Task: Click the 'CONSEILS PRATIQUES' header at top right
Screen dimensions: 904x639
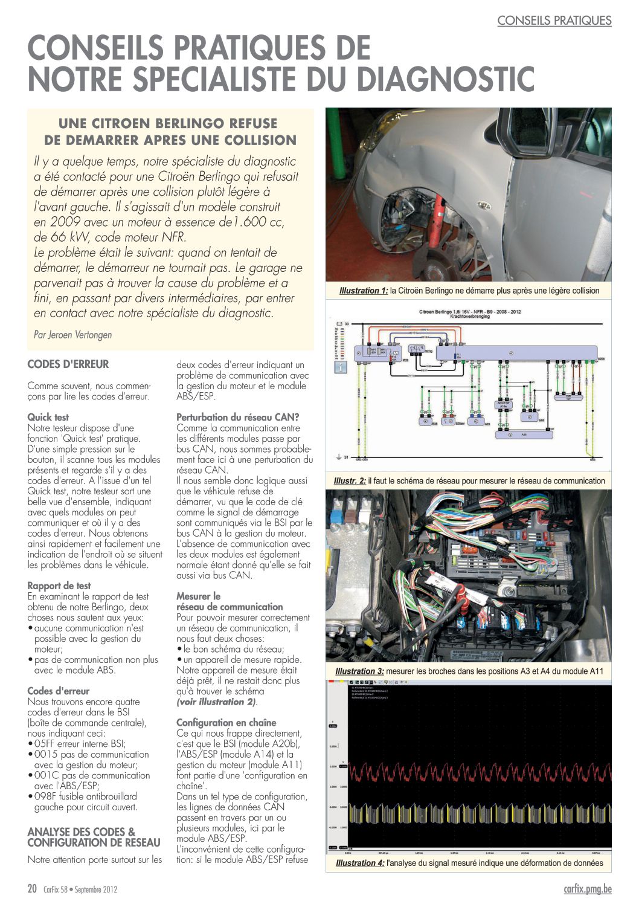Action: tap(554, 21)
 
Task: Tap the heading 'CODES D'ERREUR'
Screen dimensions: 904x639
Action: tap(68, 364)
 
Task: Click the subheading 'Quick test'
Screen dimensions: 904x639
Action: tap(48, 417)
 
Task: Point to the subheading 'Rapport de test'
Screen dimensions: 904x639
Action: tap(59, 586)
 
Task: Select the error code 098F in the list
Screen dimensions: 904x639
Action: tap(45, 796)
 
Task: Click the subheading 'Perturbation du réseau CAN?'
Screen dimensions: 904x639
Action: tap(238, 417)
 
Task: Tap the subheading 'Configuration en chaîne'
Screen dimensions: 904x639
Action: tap(226, 723)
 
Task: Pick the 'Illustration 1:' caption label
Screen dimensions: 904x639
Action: tap(364, 291)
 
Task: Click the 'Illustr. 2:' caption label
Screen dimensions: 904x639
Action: tap(350, 481)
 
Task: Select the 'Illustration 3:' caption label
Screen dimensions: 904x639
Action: tap(359, 671)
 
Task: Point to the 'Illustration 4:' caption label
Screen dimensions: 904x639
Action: tap(360, 863)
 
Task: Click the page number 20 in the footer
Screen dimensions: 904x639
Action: tap(33, 889)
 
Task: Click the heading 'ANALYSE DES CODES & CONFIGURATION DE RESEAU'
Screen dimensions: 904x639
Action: tap(94, 837)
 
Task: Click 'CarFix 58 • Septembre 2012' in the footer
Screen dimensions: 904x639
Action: tap(80, 889)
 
